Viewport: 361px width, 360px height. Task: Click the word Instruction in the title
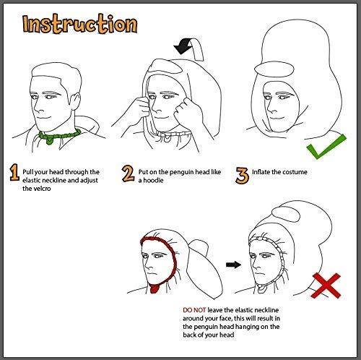pos(80,24)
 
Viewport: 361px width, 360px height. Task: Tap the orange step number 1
pos(14,173)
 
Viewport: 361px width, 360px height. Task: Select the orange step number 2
pos(128,173)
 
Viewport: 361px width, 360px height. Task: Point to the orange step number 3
pos(242,176)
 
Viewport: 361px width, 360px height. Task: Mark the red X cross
pos(326,286)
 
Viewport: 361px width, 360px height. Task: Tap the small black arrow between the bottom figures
pos(233,265)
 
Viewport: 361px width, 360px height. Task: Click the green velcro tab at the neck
pos(50,140)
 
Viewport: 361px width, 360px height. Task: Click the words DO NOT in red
pos(194,310)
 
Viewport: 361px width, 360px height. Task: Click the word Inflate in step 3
pos(261,172)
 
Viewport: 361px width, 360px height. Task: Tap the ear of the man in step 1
pos(75,101)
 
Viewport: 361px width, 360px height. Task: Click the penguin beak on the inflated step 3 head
pos(274,69)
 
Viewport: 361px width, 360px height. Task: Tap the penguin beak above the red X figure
pos(286,215)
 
